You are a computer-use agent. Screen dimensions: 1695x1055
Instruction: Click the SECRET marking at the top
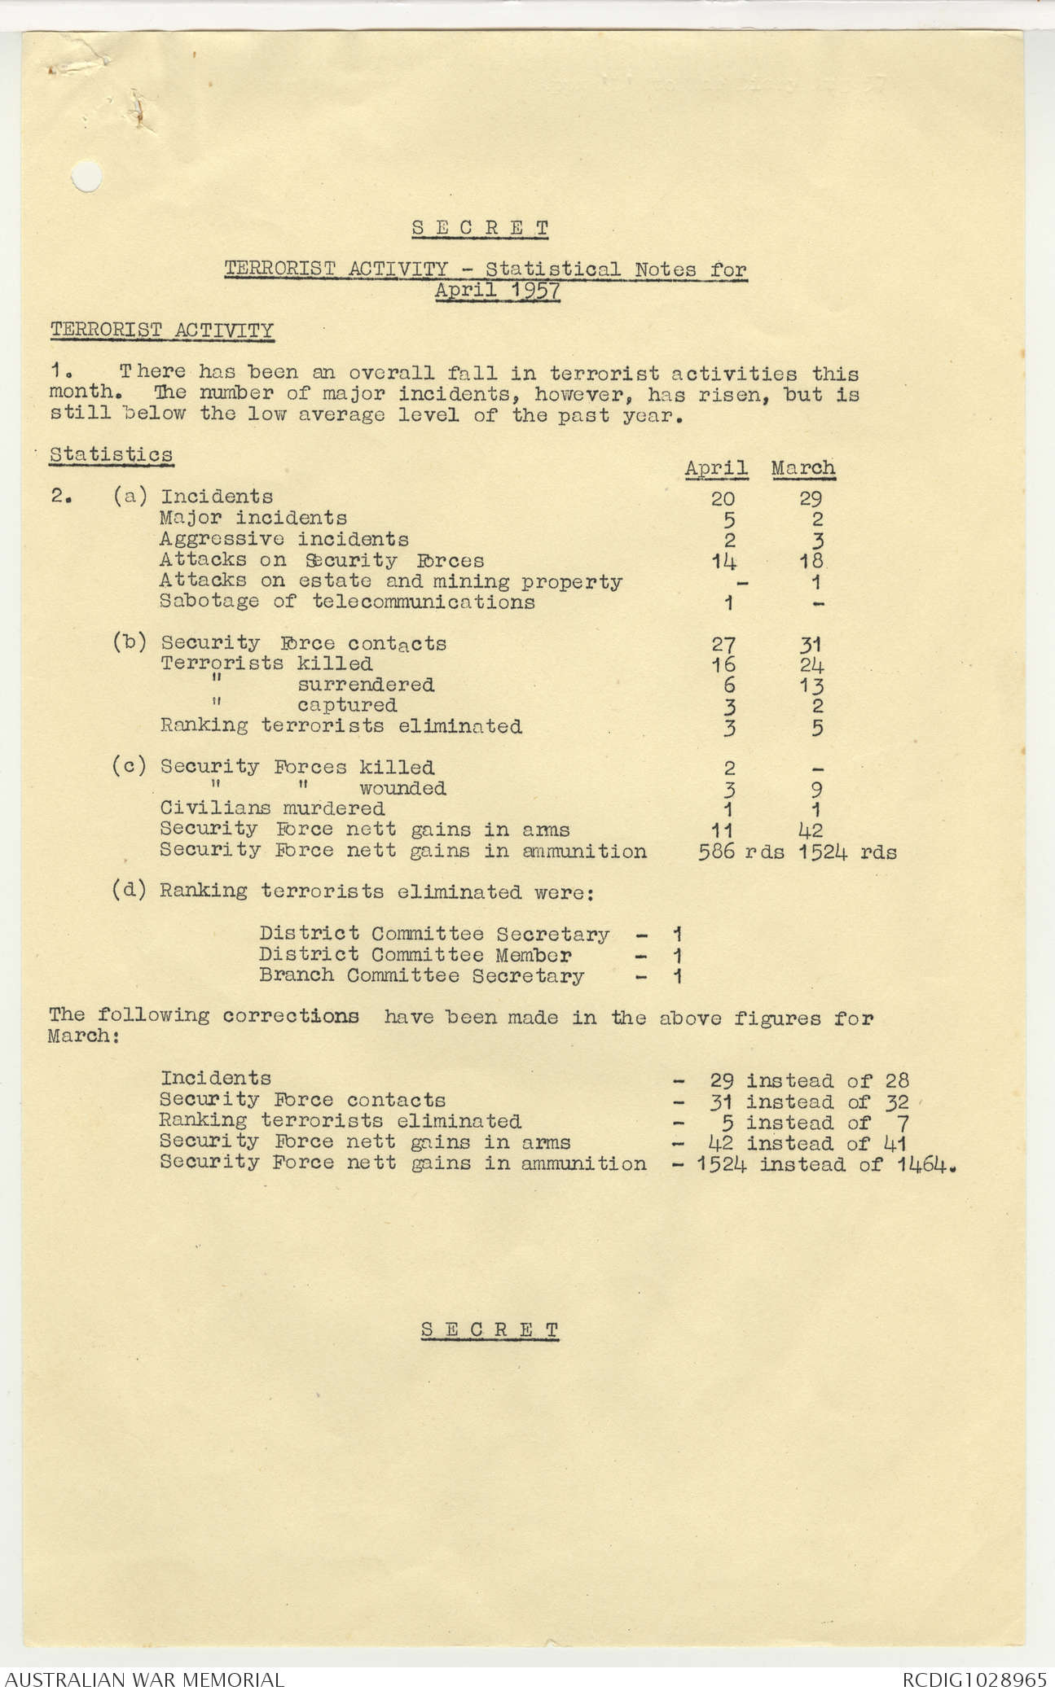[x=480, y=228]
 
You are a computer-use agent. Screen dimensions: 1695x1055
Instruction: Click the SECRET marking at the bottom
[x=490, y=1329]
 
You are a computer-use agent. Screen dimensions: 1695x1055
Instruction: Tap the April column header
[x=716, y=468]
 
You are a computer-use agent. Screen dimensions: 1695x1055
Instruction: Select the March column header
[x=803, y=468]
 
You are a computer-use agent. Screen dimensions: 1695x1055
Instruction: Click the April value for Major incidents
[x=729, y=519]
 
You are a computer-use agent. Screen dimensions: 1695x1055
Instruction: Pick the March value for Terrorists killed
[x=811, y=665]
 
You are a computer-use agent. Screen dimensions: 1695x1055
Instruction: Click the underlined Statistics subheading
[x=111, y=454]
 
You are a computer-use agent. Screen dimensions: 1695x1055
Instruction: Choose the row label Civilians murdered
[x=272, y=808]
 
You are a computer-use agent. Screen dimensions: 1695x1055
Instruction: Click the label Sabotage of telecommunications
[x=347, y=602]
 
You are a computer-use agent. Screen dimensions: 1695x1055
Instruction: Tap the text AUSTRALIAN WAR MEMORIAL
[x=144, y=1679]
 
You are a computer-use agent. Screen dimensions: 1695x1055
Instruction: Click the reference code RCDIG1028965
[x=974, y=1679]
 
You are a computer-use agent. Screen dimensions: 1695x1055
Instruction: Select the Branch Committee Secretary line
[x=421, y=975]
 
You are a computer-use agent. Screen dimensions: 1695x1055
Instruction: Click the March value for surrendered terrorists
[x=811, y=685]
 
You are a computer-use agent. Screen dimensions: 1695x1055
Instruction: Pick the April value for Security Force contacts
[x=723, y=644]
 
